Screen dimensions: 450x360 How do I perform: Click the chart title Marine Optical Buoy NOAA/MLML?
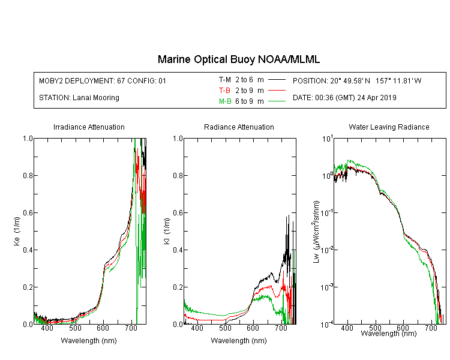pyautogui.click(x=238, y=59)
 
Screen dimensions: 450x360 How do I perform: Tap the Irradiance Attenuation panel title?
pyautogui.click(x=89, y=127)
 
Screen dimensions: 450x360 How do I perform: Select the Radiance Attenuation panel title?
pyautogui.click(x=239, y=127)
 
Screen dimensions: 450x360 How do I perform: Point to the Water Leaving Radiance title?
pyautogui.click(x=389, y=127)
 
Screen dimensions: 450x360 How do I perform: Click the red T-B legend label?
pyautogui.click(x=224, y=91)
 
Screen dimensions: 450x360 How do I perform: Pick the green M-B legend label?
pyautogui.click(x=225, y=101)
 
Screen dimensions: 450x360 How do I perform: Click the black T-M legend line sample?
pyautogui.click(x=277, y=80)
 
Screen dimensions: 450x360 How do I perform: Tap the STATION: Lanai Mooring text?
pyautogui.click(x=79, y=98)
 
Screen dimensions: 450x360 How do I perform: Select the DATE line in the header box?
pyautogui.click(x=344, y=98)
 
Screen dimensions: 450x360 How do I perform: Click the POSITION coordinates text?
pyautogui.click(x=357, y=80)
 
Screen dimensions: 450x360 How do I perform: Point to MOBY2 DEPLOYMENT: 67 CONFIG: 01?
pyautogui.click(x=103, y=80)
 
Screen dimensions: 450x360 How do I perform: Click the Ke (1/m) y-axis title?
pyautogui.click(x=17, y=232)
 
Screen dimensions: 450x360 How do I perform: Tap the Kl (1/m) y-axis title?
pyautogui.click(x=167, y=232)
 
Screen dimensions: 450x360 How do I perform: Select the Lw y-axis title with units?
pyautogui.click(x=316, y=232)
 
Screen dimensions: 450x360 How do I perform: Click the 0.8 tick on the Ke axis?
pyautogui.click(x=28, y=175)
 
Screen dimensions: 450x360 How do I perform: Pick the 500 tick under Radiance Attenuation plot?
pyautogui.click(x=225, y=328)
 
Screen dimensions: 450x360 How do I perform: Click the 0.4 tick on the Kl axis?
pyautogui.click(x=178, y=250)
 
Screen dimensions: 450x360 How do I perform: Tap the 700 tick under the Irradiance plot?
pyautogui.click(x=131, y=328)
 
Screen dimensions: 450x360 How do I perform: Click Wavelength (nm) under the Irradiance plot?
pyautogui.click(x=89, y=341)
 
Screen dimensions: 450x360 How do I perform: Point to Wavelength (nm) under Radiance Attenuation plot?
pyautogui.click(x=239, y=341)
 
